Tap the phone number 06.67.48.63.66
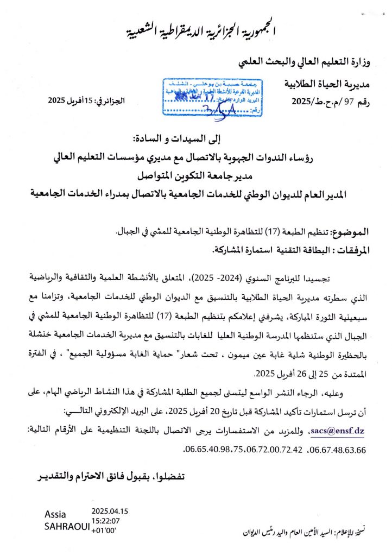click(x=337, y=450)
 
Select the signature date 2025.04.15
click(x=110, y=511)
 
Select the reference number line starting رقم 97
click(x=330, y=101)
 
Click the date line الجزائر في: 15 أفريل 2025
click(x=79, y=101)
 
